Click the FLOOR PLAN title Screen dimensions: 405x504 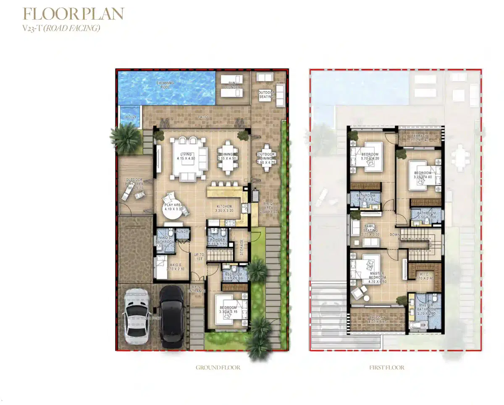pyautogui.click(x=73, y=14)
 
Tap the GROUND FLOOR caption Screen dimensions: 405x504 pyautogui.click(x=218, y=368)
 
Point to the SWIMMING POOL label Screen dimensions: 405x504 pyautogui.click(x=165, y=85)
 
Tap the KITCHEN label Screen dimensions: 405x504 pyautogui.click(x=223, y=207)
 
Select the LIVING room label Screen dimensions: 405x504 pyautogui.click(x=185, y=155)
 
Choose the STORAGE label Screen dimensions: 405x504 pyautogui.click(x=241, y=247)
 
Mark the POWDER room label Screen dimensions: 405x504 pyautogui.click(x=218, y=240)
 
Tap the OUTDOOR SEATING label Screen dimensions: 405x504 pyautogui.click(x=266, y=95)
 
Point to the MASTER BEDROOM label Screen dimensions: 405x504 pyautogui.click(x=377, y=276)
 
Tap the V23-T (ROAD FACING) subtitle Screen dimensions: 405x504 pyautogui.click(x=61, y=29)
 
